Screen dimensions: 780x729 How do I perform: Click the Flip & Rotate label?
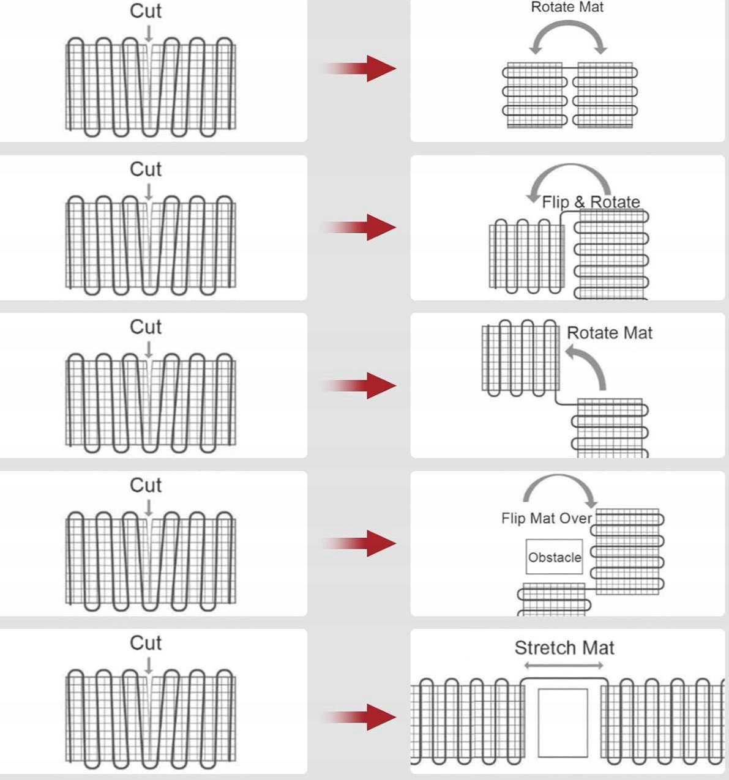pyautogui.click(x=591, y=202)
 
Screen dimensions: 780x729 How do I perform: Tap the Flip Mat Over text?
pyautogui.click(x=546, y=519)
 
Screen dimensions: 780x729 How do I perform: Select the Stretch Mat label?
pyautogui.click(x=564, y=648)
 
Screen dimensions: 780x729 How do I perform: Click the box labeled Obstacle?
pyautogui.click(x=555, y=557)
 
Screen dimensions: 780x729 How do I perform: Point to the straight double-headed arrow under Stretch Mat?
pyautogui.click(x=564, y=666)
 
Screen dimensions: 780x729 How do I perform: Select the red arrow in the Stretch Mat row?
pyautogui.click(x=360, y=717)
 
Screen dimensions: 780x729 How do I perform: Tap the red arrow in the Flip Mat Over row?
pyautogui.click(x=360, y=543)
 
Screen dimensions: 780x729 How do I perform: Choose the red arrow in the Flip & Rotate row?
pyautogui.click(x=360, y=228)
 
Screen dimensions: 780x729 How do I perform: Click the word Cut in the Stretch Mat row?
pyautogui.click(x=146, y=643)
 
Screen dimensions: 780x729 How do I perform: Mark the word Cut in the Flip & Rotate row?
pyautogui.click(x=146, y=169)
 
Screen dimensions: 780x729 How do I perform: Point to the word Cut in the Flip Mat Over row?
pyautogui.click(x=146, y=485)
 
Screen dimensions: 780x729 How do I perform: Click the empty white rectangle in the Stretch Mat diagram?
pyautogui.click(x=563, y=722)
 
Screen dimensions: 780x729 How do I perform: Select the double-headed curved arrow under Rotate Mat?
pyautogui.click(x=568, y=34)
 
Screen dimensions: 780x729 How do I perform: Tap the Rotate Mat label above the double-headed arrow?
pyautogui.click(x=567, y=7)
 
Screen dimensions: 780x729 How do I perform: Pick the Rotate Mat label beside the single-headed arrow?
pyautogui.click(x=610, y=333)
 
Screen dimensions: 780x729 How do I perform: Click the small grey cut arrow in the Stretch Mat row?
pyautogui.click(x=148, y=666)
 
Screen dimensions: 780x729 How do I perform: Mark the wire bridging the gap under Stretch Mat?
pyautogui.click(x=564, y=680)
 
